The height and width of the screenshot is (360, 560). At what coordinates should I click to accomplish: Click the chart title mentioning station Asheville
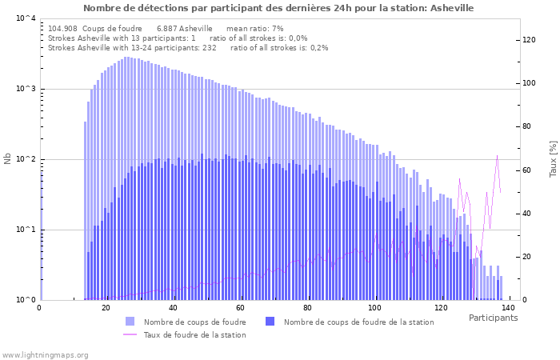tap(278, 8)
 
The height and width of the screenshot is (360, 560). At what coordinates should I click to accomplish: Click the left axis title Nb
tap(8, 159)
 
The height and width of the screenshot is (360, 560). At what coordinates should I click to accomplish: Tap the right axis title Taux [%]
tap(553, 159)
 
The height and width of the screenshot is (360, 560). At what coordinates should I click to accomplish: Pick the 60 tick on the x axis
tap(240, 307)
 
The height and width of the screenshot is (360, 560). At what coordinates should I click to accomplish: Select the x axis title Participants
tap(493, 318)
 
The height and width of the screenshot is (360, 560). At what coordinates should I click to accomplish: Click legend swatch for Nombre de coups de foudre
tap(130, 322)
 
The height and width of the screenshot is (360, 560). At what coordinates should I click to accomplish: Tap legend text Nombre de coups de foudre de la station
tap(358, 322)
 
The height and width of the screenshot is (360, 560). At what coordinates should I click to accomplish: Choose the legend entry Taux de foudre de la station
tap(194, 334)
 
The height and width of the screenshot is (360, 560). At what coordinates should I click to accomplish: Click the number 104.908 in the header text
tap(62, 28)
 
